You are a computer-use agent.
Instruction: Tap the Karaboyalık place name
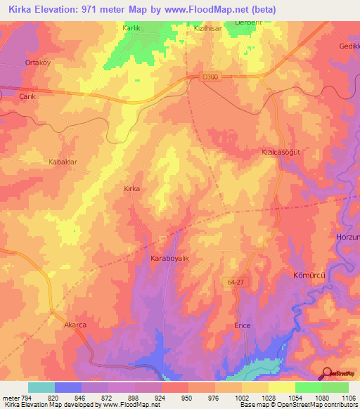click(x=171, y=259)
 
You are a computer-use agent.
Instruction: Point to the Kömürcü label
click(x=308, y=275)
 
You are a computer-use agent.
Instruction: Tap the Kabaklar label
click(x=62, y=162)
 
